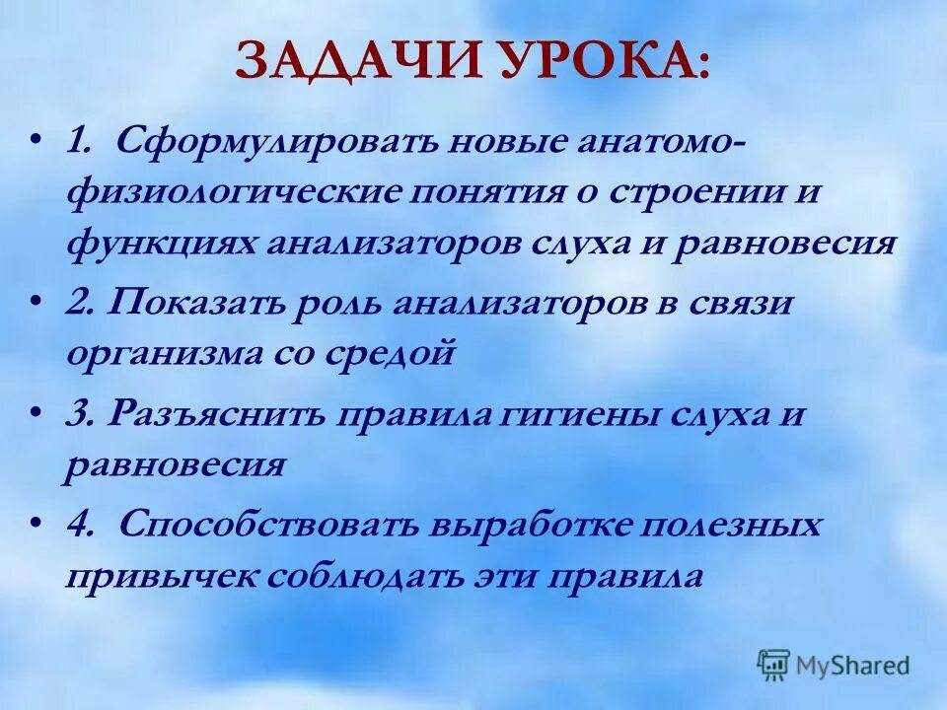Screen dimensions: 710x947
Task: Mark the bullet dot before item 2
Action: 36,299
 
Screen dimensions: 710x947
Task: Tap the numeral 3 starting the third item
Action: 75,415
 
